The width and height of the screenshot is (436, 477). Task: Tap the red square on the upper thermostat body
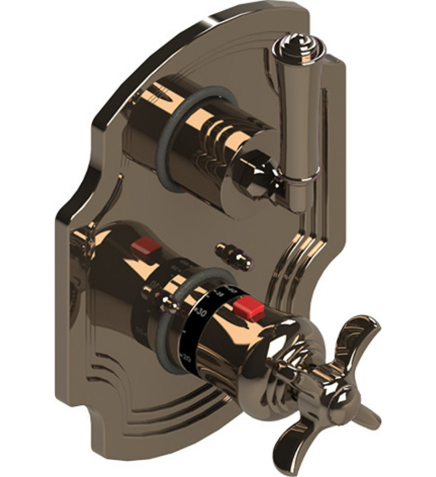[145, 245]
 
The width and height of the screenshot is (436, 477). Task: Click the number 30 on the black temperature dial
[202, 313]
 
